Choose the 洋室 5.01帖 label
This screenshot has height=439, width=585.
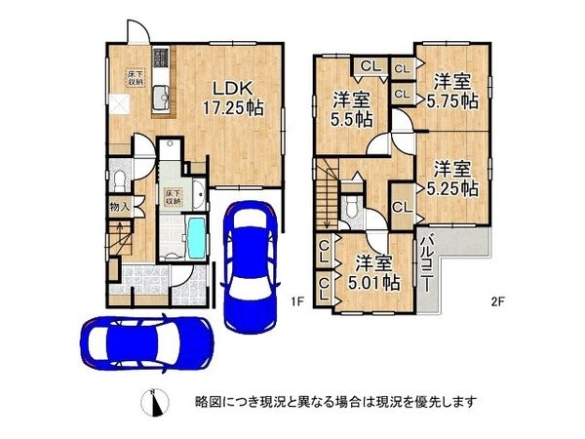point(374,272)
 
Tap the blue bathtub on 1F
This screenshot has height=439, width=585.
point(195,235)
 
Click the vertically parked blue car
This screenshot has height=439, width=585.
point(250,263)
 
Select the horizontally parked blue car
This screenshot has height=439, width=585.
point(145,342)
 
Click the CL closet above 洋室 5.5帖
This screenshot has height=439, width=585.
point(370,65)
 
